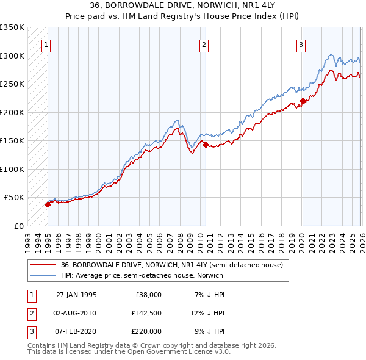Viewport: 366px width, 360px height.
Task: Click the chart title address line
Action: point(182,5)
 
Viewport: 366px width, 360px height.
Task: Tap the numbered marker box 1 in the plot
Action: point(46,44)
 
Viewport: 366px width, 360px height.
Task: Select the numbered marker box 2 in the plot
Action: point(204,44)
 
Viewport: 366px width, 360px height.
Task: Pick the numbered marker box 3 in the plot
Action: point(301,44)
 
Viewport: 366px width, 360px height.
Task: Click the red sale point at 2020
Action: point(303,101)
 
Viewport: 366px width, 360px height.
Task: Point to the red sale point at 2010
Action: point(206,145)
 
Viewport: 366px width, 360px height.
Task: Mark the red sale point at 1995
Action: point(48,204)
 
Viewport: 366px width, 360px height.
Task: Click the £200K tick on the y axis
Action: point(12,112)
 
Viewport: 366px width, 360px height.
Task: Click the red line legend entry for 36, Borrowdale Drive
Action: point(171,265)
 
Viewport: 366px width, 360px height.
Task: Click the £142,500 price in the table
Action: point(147,312)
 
